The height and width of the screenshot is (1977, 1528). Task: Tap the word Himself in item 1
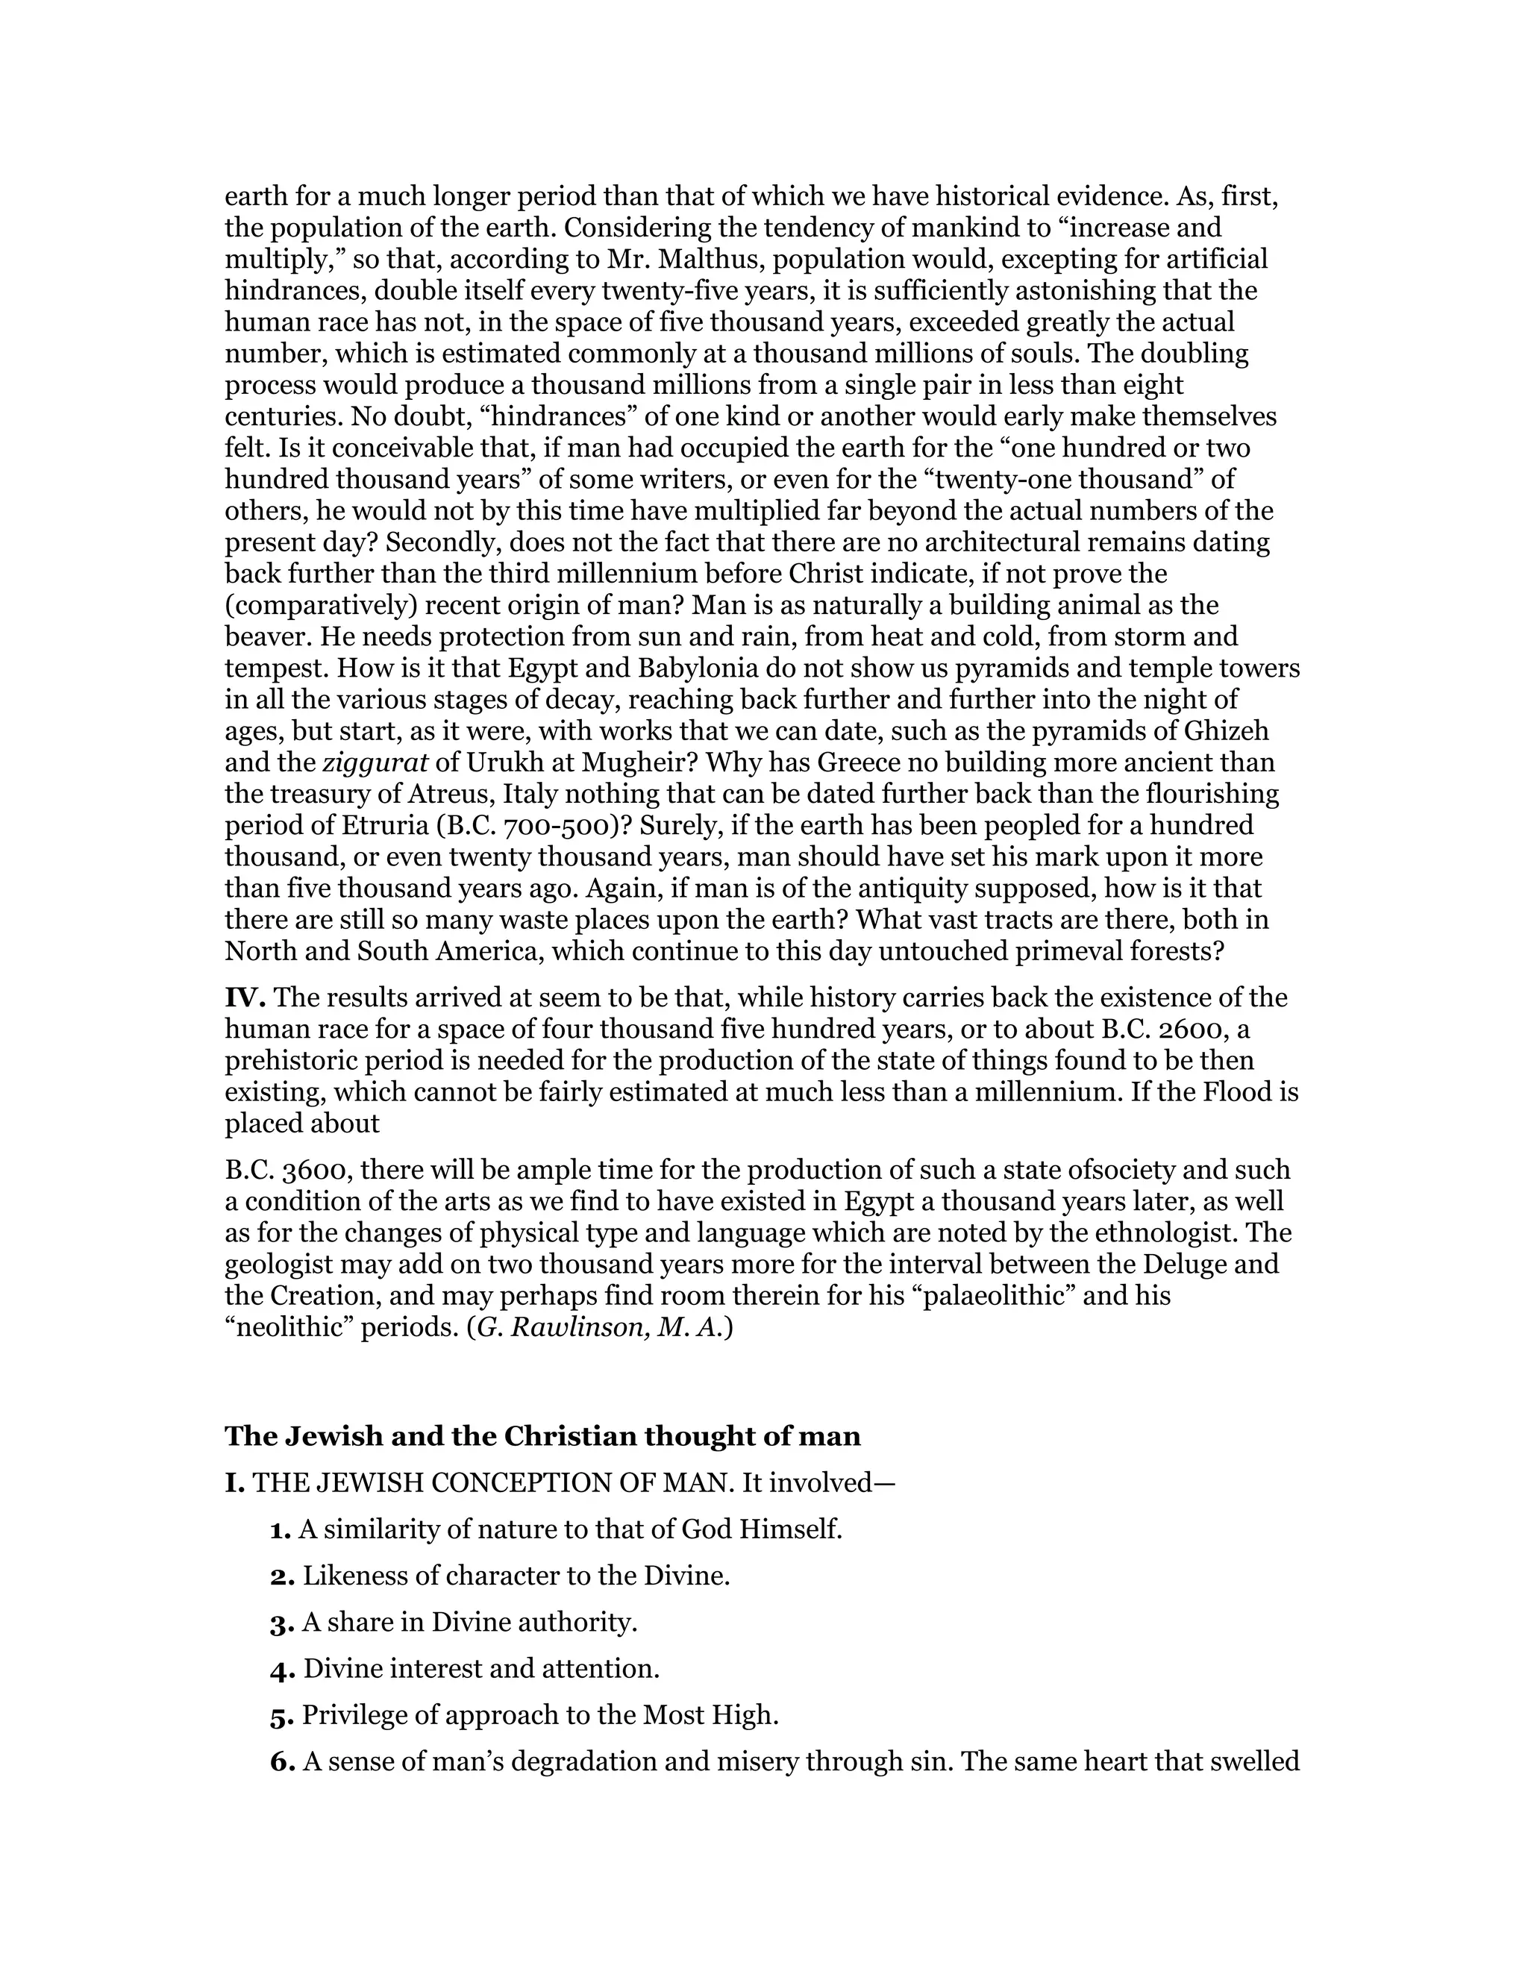click(791, 1530)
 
